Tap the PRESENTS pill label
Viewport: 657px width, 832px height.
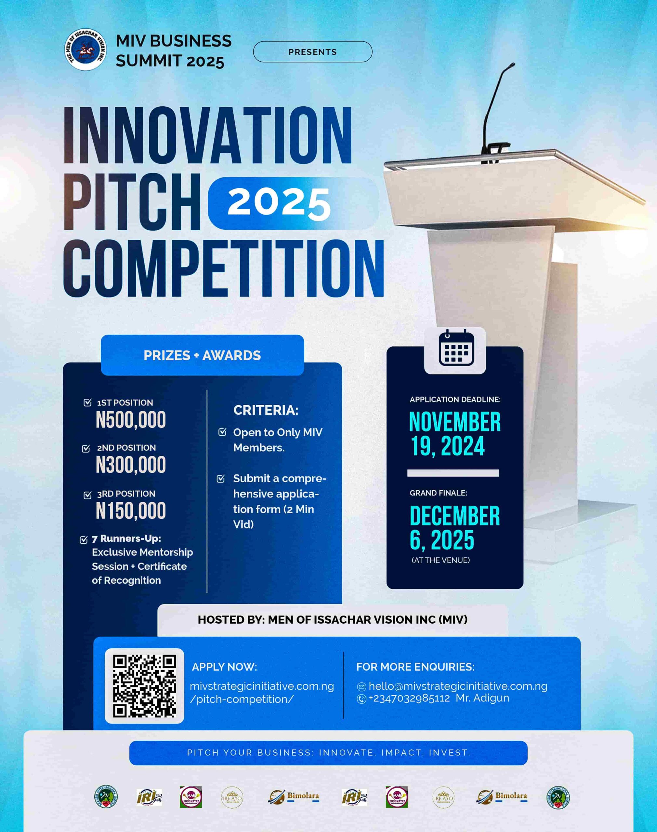312,52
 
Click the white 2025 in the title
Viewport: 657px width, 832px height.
279,203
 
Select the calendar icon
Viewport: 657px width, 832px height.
456,348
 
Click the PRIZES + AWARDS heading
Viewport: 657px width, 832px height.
202,355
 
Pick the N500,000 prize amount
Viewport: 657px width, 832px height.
131,420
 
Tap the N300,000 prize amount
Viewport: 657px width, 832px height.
131,465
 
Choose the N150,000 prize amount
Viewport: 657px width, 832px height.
131,511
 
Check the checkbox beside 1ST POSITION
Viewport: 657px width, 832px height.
88,403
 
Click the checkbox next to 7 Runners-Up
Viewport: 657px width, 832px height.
84,539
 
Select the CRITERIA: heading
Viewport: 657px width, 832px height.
266,410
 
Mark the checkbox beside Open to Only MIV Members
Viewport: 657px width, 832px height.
222,432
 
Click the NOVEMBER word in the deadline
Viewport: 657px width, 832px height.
455,422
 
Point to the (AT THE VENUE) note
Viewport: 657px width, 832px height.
440,560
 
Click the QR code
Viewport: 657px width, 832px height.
144,686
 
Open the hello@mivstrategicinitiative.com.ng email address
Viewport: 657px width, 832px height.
458,686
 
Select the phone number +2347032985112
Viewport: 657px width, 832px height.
409,698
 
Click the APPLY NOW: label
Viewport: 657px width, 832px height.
224,667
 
